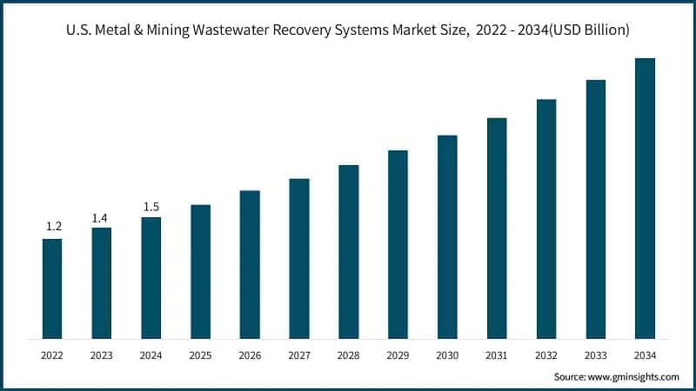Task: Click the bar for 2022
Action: (x=52, y=288)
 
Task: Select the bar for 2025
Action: (x=200, y=271)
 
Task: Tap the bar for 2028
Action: (x=348, y=251)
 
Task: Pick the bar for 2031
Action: (x=497, y=228)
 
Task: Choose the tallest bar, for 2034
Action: (x=645, y=198)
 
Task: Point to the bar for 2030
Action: (x=447, y=236)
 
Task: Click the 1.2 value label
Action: (x=52, y=227)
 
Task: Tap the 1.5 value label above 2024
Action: (x=151, y=206)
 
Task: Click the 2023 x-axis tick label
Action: (x=102, y=355)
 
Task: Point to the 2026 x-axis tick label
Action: (x=250, y=355)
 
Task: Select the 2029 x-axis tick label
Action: (x=398, y=355)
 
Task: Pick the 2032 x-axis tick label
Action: (x=546, y=355)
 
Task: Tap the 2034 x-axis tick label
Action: (x=645, y=355)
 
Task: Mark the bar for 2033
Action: (x=595, y=209)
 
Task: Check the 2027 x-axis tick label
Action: (x=299, y=355)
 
